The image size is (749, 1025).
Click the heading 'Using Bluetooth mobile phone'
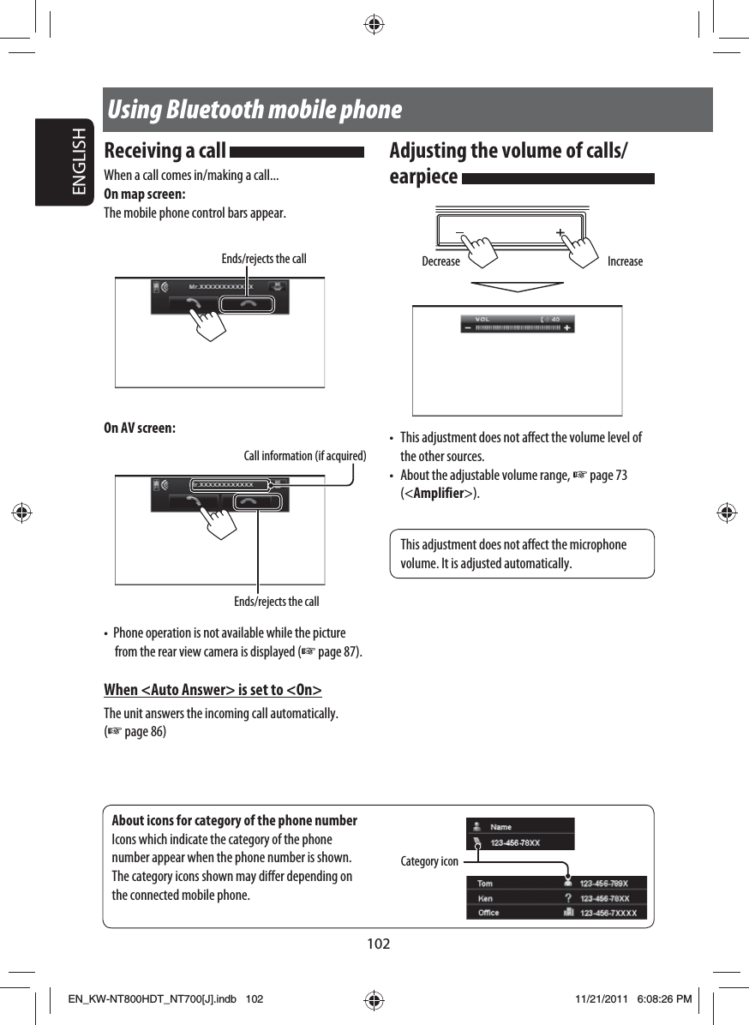(x=255, y=111)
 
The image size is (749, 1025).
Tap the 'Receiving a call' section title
(x=165, y=152)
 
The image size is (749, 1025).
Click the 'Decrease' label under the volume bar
(x=440, y=261)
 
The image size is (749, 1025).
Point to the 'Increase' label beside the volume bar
(x=625, y=261)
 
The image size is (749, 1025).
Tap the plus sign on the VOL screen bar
(x=567, y=327)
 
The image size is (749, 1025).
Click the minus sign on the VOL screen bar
(x=468, y=327)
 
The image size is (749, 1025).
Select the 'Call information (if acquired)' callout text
(x=305, y=455)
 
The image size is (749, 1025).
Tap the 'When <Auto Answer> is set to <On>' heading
(x=213, y=690)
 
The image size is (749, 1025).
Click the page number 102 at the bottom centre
(x=378, y=944)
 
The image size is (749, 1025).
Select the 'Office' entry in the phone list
(x=488, y=913)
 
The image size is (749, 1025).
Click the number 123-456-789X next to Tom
(x=604, y=884)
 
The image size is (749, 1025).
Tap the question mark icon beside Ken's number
(x=567, y=898)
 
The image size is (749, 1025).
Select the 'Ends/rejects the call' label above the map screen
(x=263, y=259)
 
